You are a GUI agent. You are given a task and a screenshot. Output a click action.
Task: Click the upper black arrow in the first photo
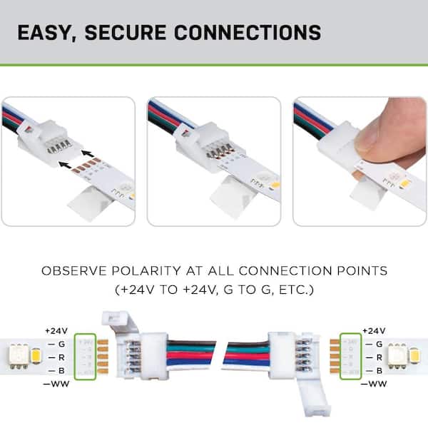coord(87,152)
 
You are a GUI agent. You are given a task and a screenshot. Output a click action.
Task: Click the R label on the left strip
coord(61,357)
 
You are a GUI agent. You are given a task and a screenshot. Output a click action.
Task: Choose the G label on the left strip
coord(61,344)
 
